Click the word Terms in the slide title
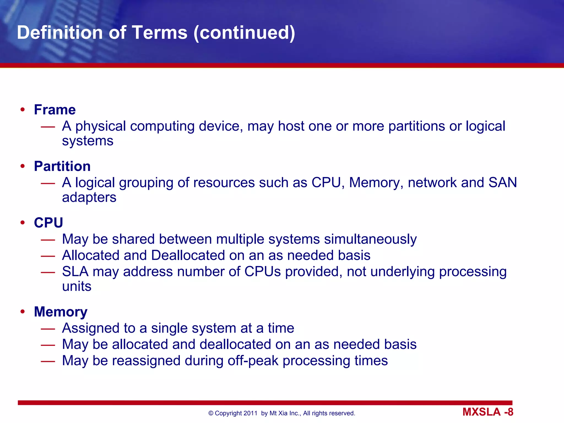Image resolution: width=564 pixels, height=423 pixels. pyautogui.click(x=160, y=33)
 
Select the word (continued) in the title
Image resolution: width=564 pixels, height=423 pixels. pyautogui.click(x=244, y=33)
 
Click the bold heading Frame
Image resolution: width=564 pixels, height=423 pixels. pyautogui.click(x=55, y=110)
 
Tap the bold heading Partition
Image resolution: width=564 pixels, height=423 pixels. pyautogui.click(x=62, y=166)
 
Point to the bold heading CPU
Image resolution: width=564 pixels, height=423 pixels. pyautogui.click(x=48, y=223)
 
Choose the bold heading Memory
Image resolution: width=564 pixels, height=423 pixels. pyautogui.click(x=61, y=312)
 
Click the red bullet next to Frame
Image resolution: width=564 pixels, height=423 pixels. pyautogui.click(x=23, y=110)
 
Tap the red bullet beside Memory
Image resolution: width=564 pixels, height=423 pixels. pyautogui.click(x=23, y=312)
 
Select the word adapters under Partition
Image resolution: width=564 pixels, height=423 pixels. pyautogui.click(x=89, y=197)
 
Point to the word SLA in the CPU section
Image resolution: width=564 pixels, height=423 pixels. pyautogui.click(x=75, y=272)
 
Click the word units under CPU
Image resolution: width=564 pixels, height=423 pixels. pyautogui.click(x=77, y=286)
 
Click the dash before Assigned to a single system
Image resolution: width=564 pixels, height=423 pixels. pyautogui.click(x=48, y=329)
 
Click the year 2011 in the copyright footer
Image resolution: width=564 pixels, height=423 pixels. pyautogui.click(x=250, y=413)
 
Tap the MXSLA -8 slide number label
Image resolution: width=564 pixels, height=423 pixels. pyautogui.click(x=488, y=412)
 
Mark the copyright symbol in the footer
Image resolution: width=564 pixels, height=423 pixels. pyautogui.click(x=211, y=413)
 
